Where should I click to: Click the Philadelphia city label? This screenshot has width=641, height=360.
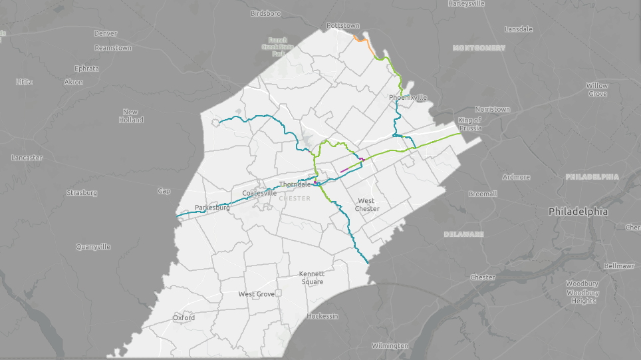(x=578, y=212)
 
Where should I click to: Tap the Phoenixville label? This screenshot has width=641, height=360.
(x=408, y=97)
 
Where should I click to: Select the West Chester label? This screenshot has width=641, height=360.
(x=366, y=204)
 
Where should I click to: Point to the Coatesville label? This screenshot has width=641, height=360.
(x=259, y=193)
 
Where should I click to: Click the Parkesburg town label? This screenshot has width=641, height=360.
(x=212, y=208)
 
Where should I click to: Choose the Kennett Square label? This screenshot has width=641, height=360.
(x=311, y=277)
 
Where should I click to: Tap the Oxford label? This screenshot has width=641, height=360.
(x=184, y=318)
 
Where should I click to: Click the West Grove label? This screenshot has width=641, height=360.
(x=257, y=294)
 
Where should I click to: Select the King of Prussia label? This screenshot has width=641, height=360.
(x=470, y=124)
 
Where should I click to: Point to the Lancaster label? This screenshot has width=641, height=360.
(x=27, y=158)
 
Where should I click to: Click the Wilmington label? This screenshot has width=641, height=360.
(x=390, y=346)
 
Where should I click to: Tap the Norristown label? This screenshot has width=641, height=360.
(x=492, y=109)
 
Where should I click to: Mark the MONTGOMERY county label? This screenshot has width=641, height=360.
(x=478, y=48)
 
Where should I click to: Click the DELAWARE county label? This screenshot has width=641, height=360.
(x=463, y=234)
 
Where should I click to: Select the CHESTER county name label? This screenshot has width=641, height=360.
(x=295, y=198)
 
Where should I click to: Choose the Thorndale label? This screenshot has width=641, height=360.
(x=295, y=184)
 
